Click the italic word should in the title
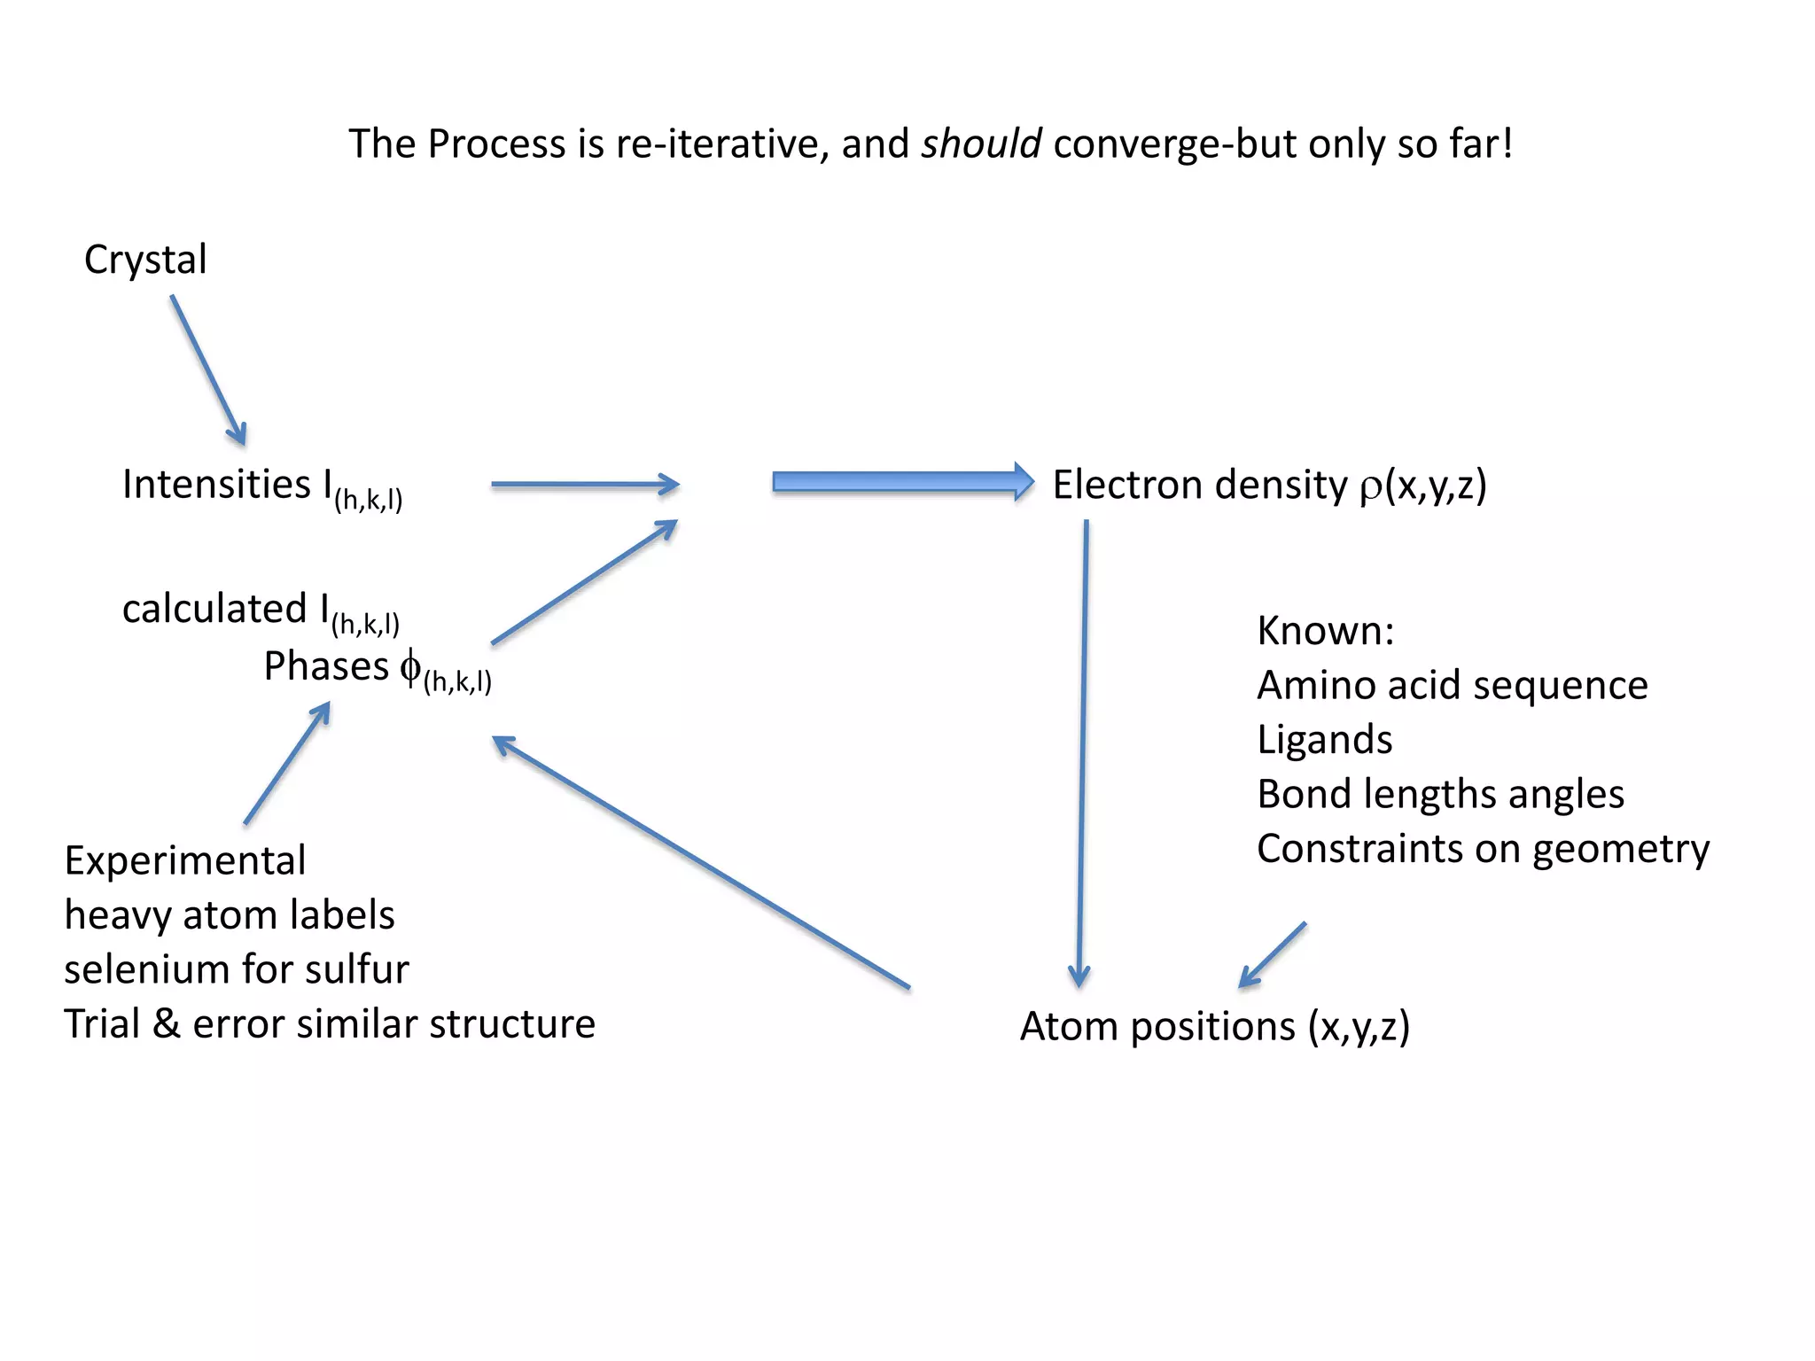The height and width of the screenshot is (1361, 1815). coord(980,144)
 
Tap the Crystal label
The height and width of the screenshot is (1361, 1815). coord(145,260)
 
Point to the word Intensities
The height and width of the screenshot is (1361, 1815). coord(216,485)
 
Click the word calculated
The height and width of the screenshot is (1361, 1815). coord(214,610)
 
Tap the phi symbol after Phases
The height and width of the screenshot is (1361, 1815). coord(409,666)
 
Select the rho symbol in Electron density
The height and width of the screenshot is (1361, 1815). coord(1370,487)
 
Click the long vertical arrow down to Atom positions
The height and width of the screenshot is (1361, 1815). coord(1082,753)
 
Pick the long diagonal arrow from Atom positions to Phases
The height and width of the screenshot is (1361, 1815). coord(700,861)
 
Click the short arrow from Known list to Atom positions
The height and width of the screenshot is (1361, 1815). coord(1273,955)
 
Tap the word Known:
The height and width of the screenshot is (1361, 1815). coord(1325,632)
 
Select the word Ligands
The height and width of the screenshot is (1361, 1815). coord(1324,740)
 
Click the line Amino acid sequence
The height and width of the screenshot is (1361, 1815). coord(1452,686)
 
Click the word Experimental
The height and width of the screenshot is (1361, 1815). coord(185,861)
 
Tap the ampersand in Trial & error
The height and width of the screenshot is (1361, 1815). coord(167,1024)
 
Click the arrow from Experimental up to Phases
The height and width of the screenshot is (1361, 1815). coord(287,763)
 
